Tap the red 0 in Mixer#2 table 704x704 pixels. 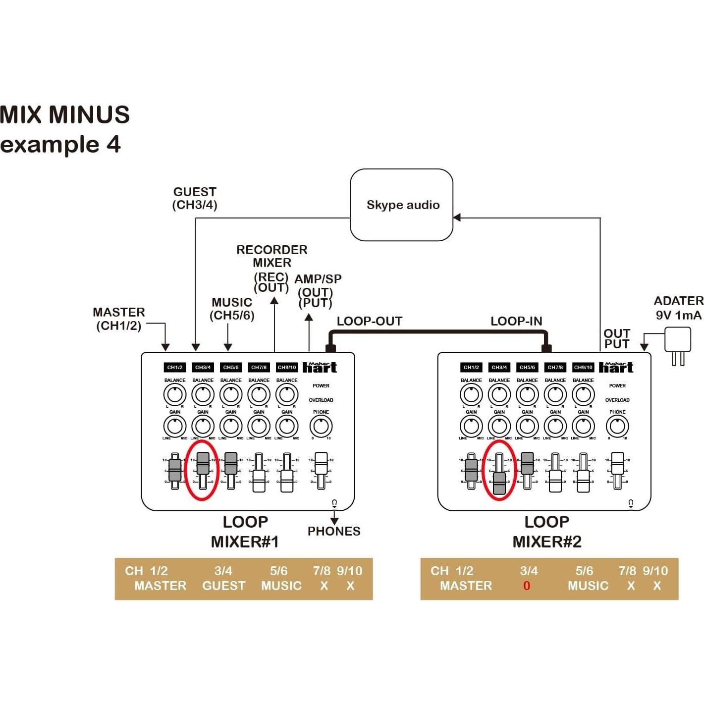[x=527, y=586]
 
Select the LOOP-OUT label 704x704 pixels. [x=369, y=321]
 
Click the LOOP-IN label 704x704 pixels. [x=516, y=321]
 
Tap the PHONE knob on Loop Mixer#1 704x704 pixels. [x=321, y=426]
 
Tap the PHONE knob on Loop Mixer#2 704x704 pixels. [x=617, y=426]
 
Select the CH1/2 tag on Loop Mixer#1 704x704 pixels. [x=175, y=367]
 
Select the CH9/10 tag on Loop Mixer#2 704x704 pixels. [x=583, y=367]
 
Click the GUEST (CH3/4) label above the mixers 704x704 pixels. [x=195, y=198]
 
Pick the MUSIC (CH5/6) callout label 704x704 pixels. [x=232, y=309]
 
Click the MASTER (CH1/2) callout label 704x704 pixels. [x=119, y=319]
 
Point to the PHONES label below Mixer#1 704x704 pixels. [x=334, y=531]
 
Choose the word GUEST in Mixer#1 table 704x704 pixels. [x=223, y=586]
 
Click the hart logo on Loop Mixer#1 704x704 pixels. [x=320, y=367]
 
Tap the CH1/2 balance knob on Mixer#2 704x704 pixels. [x=471, y=395]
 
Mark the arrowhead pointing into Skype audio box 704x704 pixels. [x=457, y=217]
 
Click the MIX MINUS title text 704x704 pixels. [x=65, y=114]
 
